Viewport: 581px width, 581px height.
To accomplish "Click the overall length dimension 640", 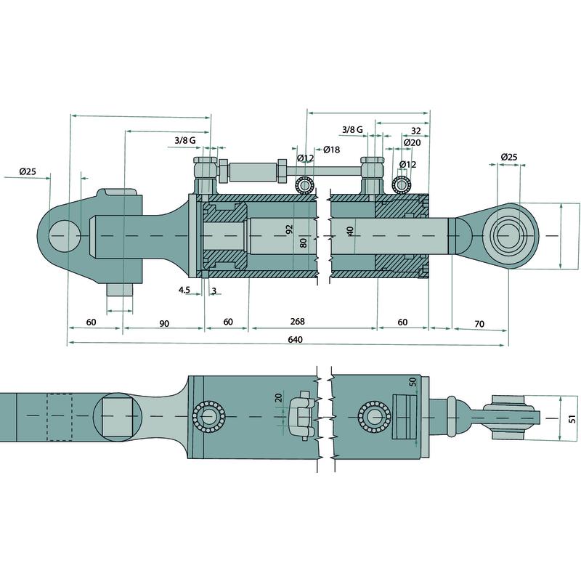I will tap(294, 339).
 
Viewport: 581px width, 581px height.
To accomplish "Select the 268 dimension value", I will tap(296, 321).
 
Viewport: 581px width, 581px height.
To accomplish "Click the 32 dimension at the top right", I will tap(415, 131).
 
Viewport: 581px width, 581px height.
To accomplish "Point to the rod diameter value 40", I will tap(350, 231).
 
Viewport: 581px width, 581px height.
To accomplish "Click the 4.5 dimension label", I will tap(184, 290).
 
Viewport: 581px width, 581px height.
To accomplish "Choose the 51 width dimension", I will tap(572, 419).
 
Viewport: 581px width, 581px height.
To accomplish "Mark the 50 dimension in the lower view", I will tap(413, 382).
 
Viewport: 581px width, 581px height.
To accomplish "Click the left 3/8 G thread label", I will tap(185, 140).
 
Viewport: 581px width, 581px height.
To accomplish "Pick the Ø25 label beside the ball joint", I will tap(509, 157).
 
